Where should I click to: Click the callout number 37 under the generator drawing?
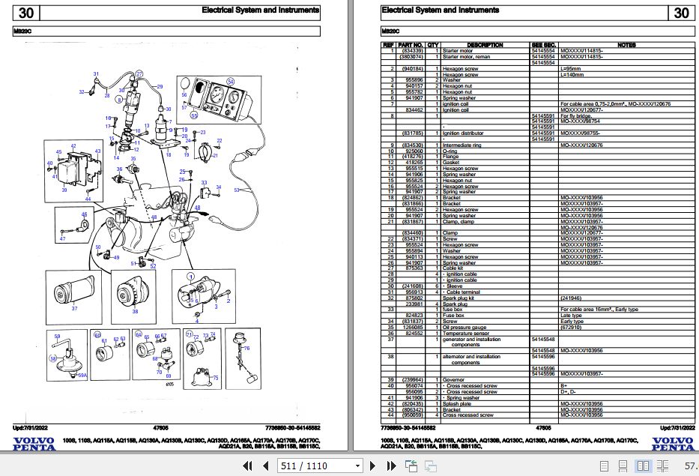click(73, 308)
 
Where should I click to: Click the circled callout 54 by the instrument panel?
click(231, 81)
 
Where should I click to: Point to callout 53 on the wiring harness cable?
click(237, 190)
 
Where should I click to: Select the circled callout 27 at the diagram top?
click(139, 73)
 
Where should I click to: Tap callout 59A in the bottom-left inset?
click(82, 375)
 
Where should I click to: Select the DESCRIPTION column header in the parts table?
click(485, 45)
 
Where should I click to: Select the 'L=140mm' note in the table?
click(572, 73)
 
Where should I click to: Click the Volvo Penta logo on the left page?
click(33, 443)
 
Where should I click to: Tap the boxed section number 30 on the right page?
click(680, 13)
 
